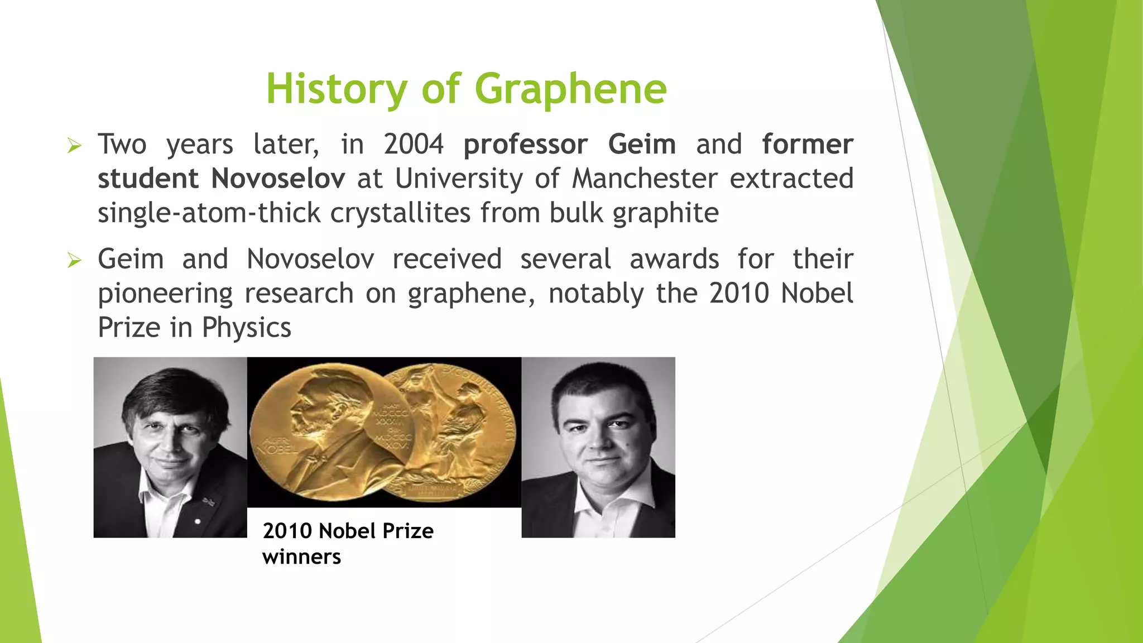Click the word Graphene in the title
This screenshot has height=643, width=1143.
click(x=570, y=89)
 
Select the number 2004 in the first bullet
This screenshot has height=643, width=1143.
click(x=414, y=145)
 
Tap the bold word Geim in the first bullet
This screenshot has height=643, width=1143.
click(x=642, y=145)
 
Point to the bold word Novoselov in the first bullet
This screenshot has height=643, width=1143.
click(x=278, y=179)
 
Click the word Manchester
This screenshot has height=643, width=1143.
click(x=645, y=179)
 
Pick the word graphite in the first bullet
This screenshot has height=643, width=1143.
click(x=665, y=213)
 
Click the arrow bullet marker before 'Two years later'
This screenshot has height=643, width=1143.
click(x=74, y=146)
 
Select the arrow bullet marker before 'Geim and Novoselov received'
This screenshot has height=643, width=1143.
click(x=74, y=260)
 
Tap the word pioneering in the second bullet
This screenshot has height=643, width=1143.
click(x=165, y=294)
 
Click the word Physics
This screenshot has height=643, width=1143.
click(x=246, y=328)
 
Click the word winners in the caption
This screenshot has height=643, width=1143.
click(x=301, y=557)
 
